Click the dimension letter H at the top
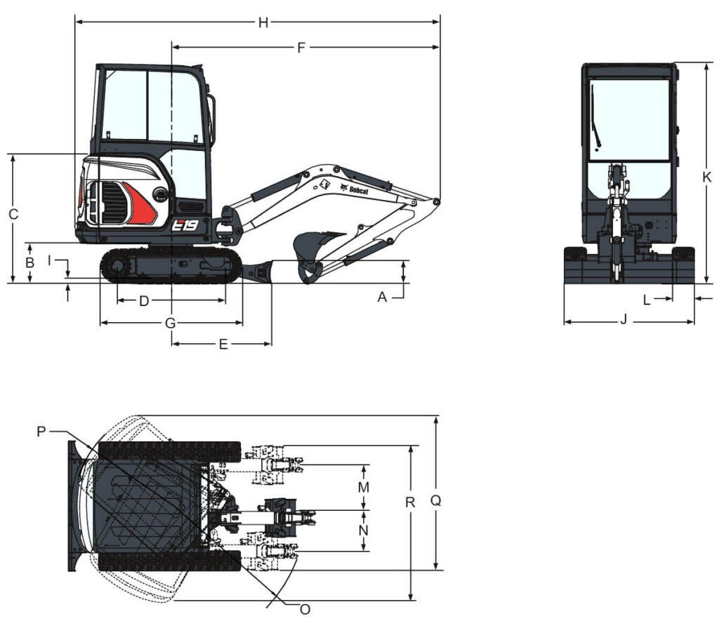[x=263, y=22]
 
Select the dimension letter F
[x=301, y=48]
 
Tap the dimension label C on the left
[x=14, y=214]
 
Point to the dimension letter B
[x=29, y=262]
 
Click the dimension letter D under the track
[x=144, y=301]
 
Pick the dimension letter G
[x=170, y=323]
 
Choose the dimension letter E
[x=223, y=345]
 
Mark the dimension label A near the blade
[x=383, y=298]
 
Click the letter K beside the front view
[x=707, y=177]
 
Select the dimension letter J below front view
[x=624, y=319]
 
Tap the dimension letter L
[x=647, y=300]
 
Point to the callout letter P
[x=41, y=432]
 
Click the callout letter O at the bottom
[x=305, y=609]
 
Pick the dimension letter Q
[x=435, y=500]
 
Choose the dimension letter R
[x=410, y=502]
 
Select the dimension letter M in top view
[x=364, y=487]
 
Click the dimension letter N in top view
[x=364, y=530]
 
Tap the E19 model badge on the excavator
[x=185, y=225]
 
